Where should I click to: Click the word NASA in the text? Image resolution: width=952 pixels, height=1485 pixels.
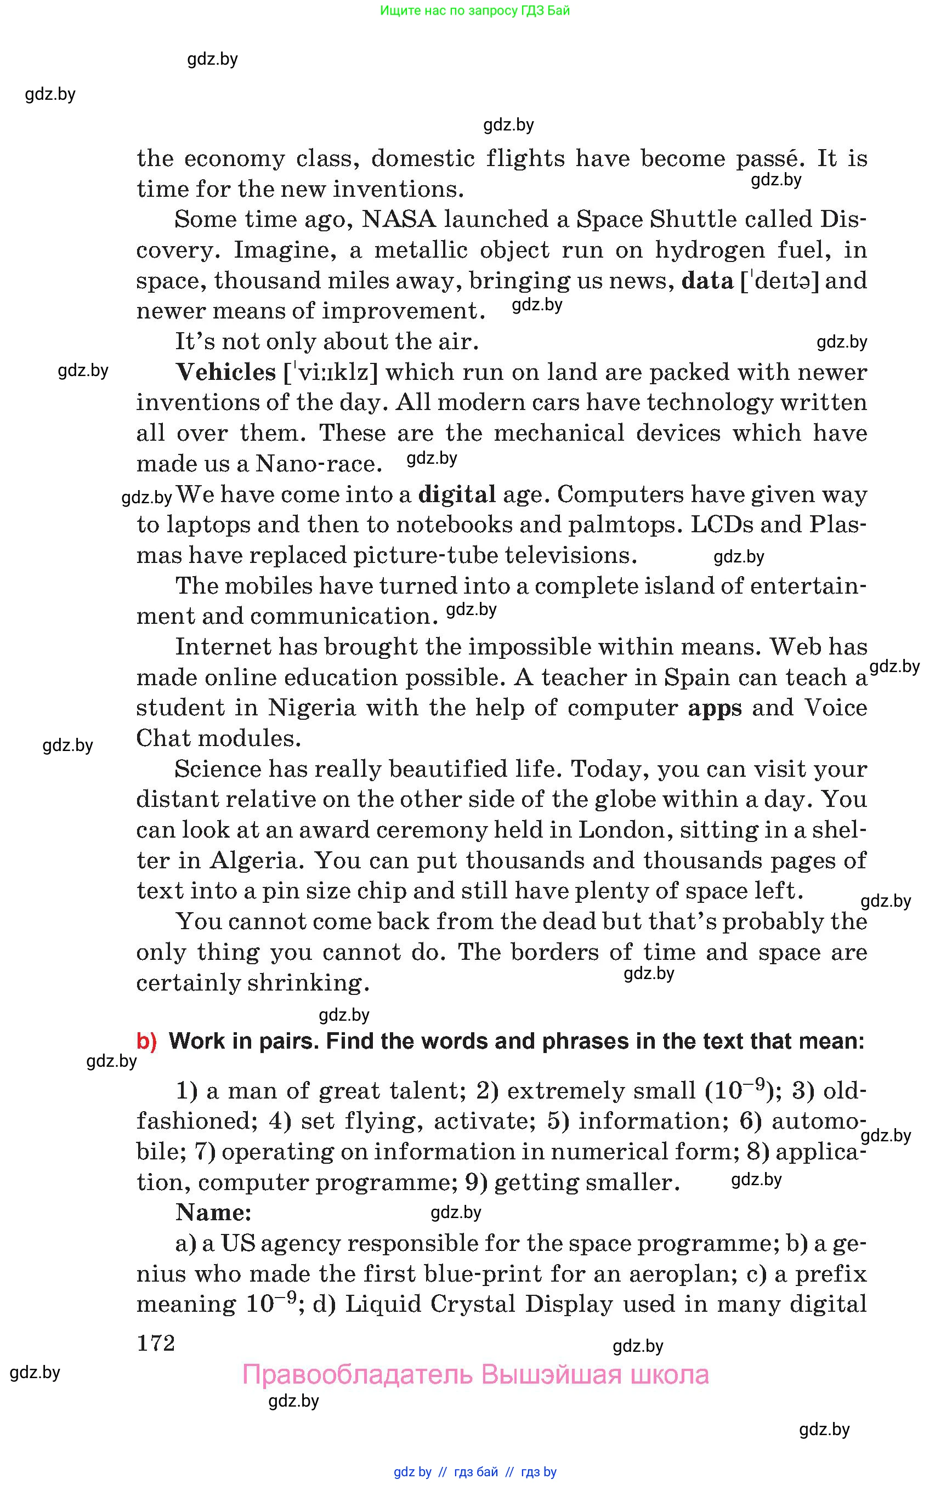click(399, 219)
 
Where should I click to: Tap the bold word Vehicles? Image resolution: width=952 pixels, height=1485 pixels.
click(225, 372)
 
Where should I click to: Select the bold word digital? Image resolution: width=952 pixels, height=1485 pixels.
click(457, 494)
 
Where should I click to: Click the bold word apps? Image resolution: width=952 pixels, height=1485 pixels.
click(715, 708)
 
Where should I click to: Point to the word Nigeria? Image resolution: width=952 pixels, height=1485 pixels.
click(311, 708)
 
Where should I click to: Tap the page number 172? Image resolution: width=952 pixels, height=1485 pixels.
click(156, 1343)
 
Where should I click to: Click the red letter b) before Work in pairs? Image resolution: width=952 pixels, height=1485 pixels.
click(146, 1042)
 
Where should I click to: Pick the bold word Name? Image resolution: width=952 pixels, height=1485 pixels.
click(213, 1213)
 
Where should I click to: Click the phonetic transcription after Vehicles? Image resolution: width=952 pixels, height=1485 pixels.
click(330, 373)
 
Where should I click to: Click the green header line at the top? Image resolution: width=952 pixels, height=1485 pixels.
click(475, 10)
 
